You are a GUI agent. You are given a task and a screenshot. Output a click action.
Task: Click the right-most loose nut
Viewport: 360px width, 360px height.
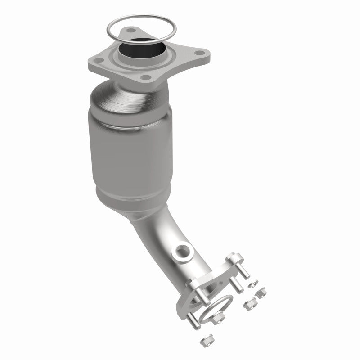tap(260, 293)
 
